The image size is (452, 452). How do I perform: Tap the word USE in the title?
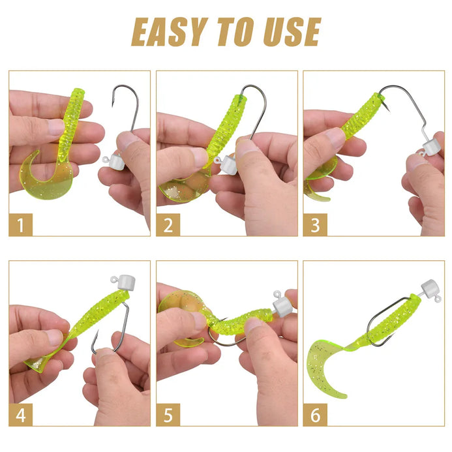(x=292, y=32)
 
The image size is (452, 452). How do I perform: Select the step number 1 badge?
(x=20, y=225)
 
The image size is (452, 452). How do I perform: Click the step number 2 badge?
(x=168, y=225)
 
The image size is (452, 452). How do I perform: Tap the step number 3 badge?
(x=315, y=225)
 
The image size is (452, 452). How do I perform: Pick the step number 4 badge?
(x=20, y=415)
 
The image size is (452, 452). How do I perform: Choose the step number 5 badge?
(x=168, y=415)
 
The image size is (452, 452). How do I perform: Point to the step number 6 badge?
(x=315, y=415)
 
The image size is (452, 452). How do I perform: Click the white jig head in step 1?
(x=115, y=162)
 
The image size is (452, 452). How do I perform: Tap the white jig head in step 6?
(x=430, y=290)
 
